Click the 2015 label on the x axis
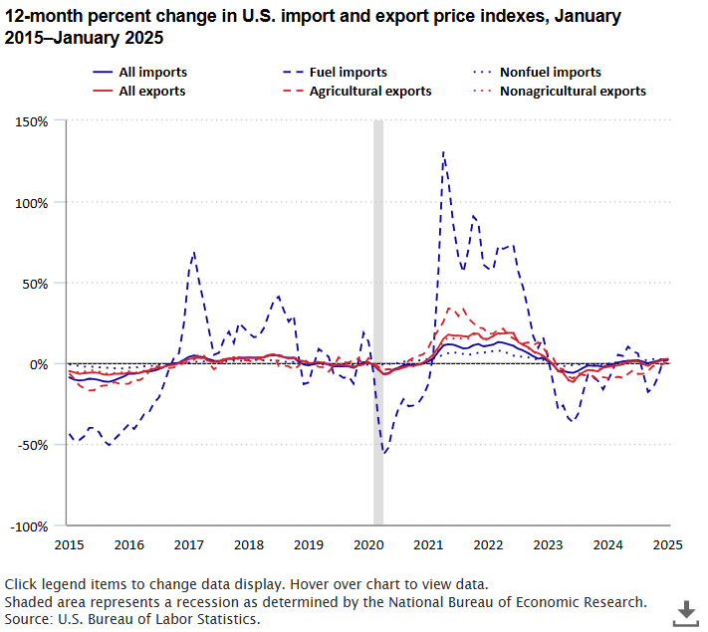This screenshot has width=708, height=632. click(69, 544)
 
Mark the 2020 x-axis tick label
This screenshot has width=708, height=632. click(368, 544)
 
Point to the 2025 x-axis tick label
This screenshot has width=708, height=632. click(667, 544)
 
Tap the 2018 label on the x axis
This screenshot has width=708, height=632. click(248, 544)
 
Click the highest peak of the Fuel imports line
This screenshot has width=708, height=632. click(442, 152)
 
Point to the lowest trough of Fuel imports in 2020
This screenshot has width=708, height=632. click(384, 454)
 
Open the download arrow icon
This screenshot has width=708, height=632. click(686, 611)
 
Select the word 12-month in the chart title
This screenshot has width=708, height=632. click(42, 17)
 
